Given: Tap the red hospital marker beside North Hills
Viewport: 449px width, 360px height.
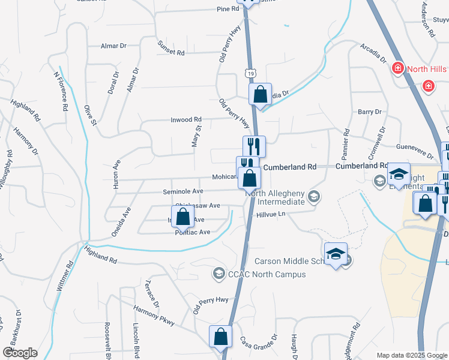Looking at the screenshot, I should [x=397, y=69].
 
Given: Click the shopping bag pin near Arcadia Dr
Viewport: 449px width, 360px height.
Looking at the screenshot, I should [x=260, y=94].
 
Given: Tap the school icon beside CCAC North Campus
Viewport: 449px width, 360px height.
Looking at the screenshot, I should [x=218, y=274].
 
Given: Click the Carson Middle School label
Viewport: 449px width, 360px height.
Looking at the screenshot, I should [x=290, y=261].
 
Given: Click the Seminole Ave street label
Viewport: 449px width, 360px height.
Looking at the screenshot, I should [x=183, y=191].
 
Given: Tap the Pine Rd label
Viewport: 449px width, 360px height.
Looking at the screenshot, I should [x=228, y=9].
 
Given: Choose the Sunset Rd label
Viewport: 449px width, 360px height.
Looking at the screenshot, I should [x=170, y=48].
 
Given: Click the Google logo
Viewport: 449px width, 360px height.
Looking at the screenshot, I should [x=20, y=353].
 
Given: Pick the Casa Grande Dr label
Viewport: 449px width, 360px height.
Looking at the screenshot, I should [x=259, y=343].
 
